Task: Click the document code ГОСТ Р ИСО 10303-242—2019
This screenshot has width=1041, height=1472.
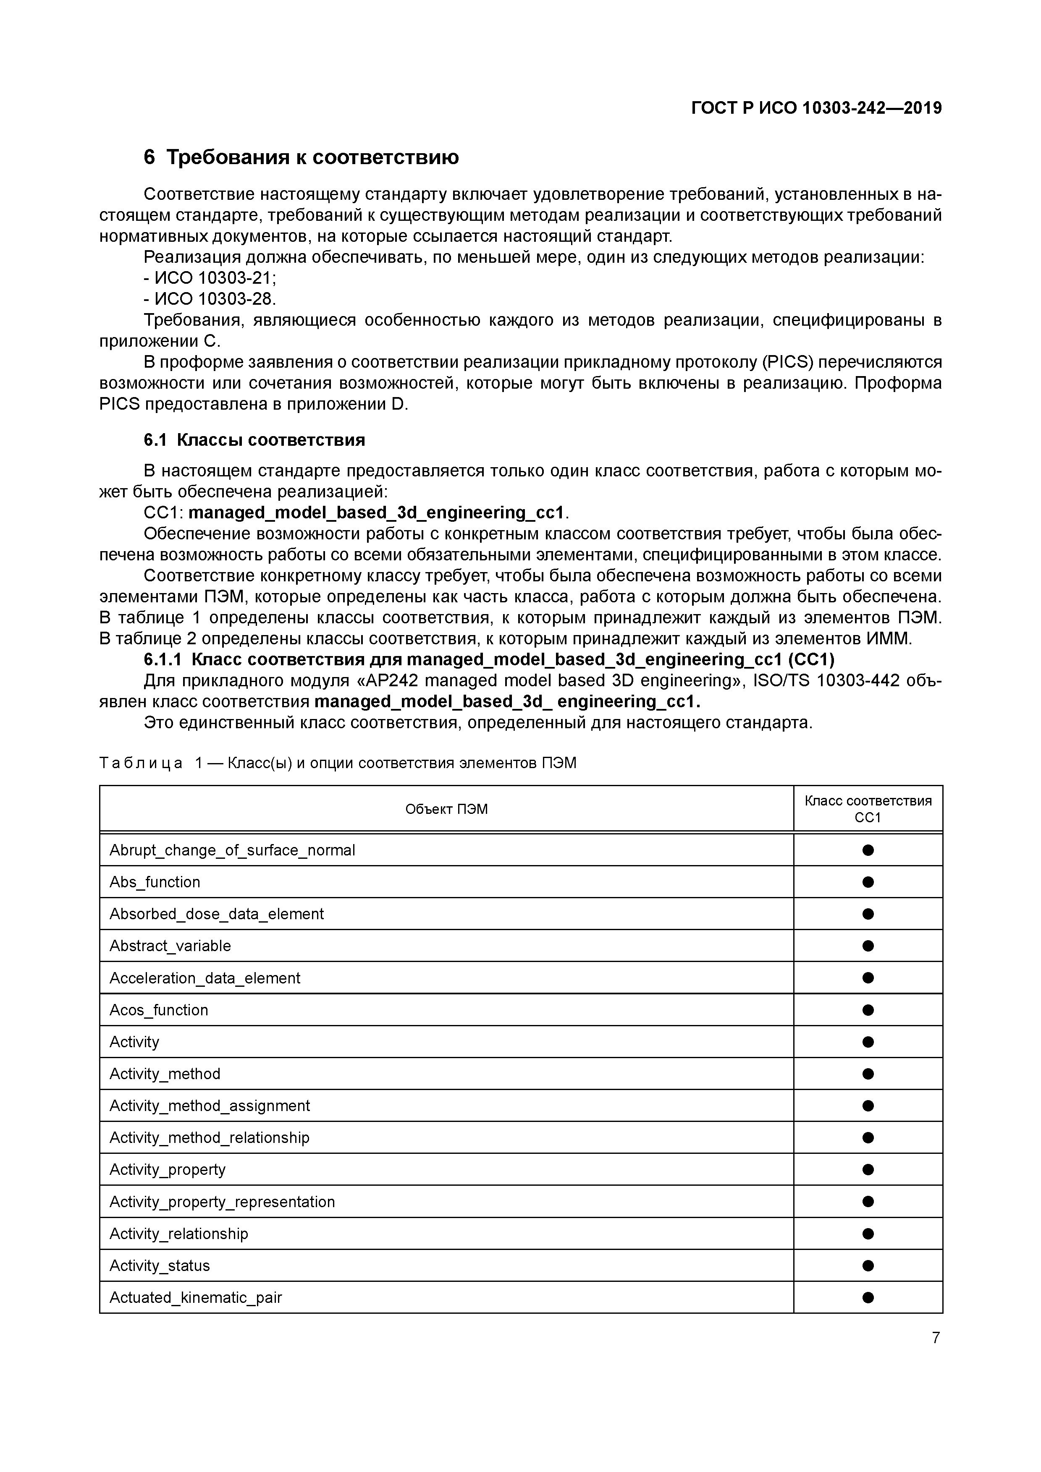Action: (x=816, y=108)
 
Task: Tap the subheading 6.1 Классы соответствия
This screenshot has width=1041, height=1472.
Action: (x=254, y=440)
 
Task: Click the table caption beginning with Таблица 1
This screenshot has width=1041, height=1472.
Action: (x=338, y=763)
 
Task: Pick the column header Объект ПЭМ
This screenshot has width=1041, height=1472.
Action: (x=446, y=809)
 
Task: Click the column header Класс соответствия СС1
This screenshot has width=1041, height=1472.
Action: (x=868, y=809)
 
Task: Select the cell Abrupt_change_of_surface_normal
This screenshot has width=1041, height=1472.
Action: (x=232, y=850)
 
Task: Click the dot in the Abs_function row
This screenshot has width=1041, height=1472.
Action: (x=868, y=882)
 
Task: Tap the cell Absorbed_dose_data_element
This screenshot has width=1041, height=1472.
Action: (x=217, y=914)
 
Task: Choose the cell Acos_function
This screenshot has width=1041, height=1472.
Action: (x=159, y=1010)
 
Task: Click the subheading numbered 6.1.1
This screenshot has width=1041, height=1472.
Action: (x=489, y=660)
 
